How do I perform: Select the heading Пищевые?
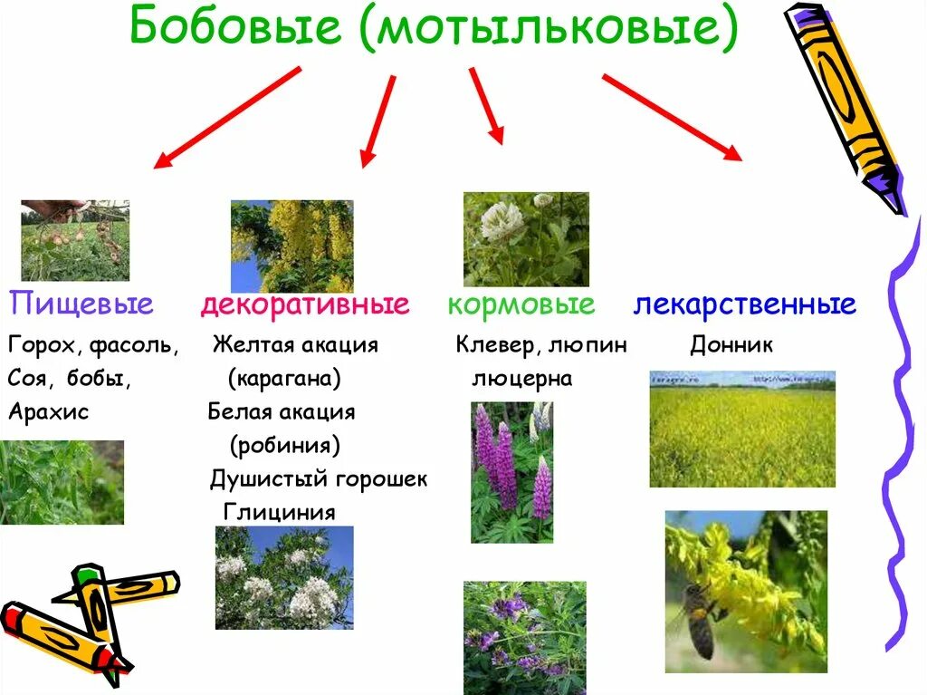click(x=81, y=304)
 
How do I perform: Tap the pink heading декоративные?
click(x=305, y=304)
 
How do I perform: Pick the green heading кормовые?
click(x=521, y=304)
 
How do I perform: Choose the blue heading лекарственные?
click(x=744, y=304)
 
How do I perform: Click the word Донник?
click(x=731, y=345)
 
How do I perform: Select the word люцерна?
click(x=522, y=379)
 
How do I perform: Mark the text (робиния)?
click(x=285, y=445)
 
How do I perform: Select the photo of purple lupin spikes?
click(x=511, y=472)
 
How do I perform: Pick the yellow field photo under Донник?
click(x=742, y=430)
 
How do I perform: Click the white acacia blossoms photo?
click(x=284, y=577)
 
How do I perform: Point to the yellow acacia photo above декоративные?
click(x=291, y=246)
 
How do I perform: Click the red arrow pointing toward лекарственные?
click(x=671, y=117)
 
